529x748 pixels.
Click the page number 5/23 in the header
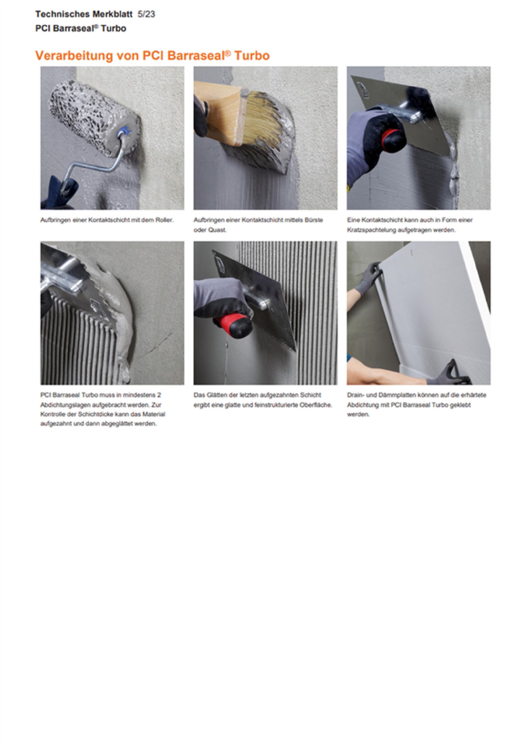pos(146,14)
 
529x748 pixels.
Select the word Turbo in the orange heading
pos(252,56)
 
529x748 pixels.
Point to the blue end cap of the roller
pos(125,133)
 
